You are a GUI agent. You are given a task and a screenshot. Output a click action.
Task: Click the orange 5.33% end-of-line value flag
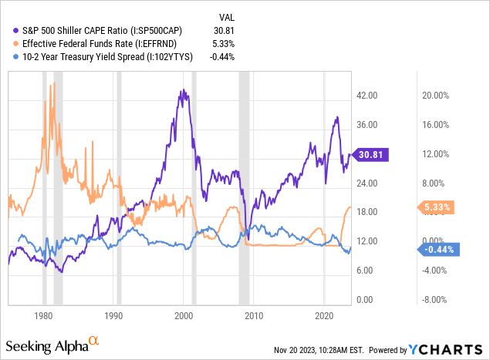[436, 207]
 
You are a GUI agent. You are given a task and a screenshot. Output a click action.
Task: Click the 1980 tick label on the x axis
[44, 316]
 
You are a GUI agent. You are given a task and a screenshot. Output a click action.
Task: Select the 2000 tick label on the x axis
[184, 316]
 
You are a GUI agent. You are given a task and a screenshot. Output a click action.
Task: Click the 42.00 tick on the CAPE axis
[367, 96]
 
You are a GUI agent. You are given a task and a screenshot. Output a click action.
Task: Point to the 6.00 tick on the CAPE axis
[367, 270]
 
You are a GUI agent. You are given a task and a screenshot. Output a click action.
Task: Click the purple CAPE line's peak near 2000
[182, 91]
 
